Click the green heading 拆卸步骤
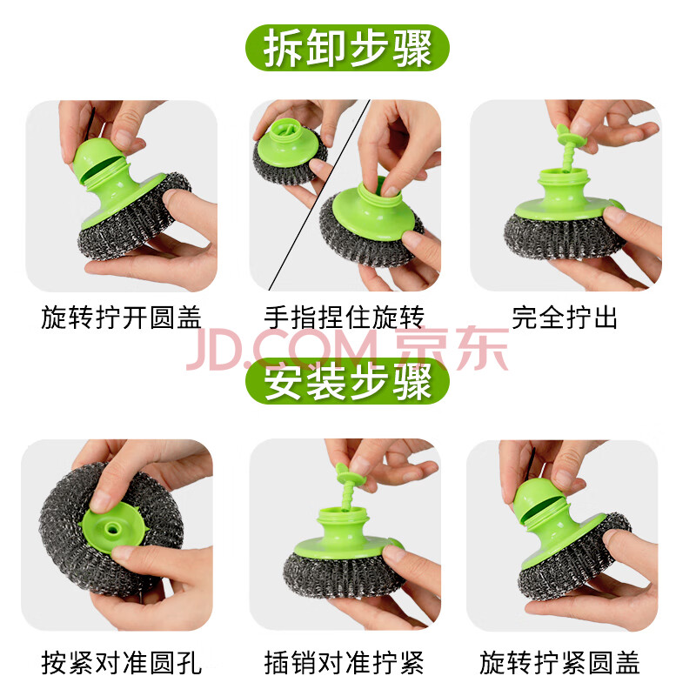click(347, 48)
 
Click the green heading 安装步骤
click(347, 381)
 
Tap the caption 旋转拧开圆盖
click(121, 318)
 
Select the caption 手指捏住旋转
click(344, 318)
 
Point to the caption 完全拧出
click(565, 318)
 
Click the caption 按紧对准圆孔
click(121, 663)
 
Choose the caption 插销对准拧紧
click(344, 663)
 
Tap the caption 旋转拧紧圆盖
click(559, 663)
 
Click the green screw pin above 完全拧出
click(568, 147)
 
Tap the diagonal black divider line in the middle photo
click(318, 195)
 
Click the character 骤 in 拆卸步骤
click(412, 48)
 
